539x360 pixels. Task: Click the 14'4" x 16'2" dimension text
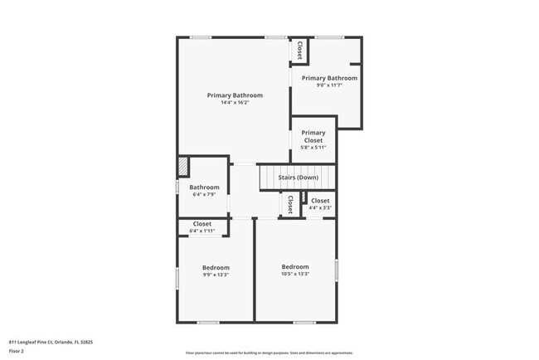click(235, 103)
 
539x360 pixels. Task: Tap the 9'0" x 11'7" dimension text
click(329, 85)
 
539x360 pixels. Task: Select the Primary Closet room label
click(313, 137)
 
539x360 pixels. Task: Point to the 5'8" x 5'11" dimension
click(313, 148)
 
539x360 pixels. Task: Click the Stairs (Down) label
click(298, 178)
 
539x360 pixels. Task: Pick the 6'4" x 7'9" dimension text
click(205, 195)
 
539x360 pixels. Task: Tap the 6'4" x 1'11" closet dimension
click(202, 231)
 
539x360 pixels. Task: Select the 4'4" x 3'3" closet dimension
click(320, 208)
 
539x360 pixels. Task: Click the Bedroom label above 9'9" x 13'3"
click(216, 267)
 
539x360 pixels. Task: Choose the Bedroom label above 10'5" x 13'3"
click(295, 266)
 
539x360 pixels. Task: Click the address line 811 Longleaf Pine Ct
click(51, 341)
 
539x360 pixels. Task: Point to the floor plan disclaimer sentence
click(269, 353)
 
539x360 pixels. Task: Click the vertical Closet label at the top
click(299, 51)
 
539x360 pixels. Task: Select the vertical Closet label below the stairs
click(289, 204)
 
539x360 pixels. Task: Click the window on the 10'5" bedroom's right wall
click(336, 270)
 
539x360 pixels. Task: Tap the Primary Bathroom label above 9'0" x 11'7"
click(329, 78)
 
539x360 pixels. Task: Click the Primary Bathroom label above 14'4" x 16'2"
click(235, 95)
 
